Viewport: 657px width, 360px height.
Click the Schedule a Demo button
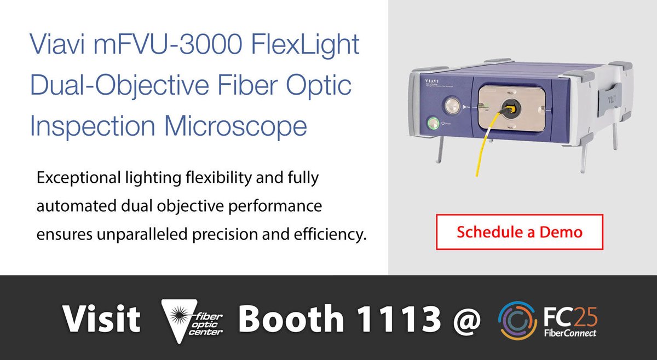pos(519,231)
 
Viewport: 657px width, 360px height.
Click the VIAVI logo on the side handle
pos(609,100)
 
